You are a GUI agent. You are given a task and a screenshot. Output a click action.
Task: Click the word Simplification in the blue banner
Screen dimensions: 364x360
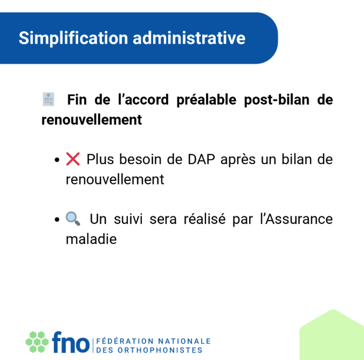click(73, 38)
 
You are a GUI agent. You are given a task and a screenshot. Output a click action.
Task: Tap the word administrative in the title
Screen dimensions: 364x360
click(189, 38)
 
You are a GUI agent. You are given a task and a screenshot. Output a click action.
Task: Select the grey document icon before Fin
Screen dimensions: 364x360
click(49, 99)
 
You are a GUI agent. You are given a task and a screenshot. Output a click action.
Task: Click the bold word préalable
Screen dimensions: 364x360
click(206, 100)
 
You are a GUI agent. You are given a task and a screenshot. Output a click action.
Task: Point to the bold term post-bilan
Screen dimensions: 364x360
click(277, 100)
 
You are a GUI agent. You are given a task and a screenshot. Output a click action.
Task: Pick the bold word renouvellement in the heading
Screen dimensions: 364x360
click(92, 120)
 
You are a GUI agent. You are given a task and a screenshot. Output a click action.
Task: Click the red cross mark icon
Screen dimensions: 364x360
click(73, 159)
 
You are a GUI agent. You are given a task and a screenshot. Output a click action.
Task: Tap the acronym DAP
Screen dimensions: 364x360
click(201, 159)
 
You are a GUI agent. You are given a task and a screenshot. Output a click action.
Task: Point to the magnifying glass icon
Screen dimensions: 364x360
click(73, 219)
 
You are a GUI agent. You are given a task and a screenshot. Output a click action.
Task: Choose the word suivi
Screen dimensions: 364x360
click(128, 219)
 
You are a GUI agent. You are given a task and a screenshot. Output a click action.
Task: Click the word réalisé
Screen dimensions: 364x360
click(204, 219)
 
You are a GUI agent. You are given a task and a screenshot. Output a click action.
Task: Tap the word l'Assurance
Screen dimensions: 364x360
click(297, 219)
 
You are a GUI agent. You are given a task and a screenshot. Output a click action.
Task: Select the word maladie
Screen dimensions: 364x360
click(91, 239)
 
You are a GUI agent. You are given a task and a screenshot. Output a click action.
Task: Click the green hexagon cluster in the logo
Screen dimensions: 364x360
click(37, 342)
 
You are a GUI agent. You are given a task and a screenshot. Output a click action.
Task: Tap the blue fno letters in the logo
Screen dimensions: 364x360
click(71, 342)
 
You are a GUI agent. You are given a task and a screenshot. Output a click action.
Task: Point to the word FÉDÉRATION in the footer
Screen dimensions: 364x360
click(125, 341)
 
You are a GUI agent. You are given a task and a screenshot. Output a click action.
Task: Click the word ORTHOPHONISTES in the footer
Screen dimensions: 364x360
click(160, 350)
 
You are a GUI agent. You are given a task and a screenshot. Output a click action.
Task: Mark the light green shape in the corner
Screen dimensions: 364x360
click(332, 336)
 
